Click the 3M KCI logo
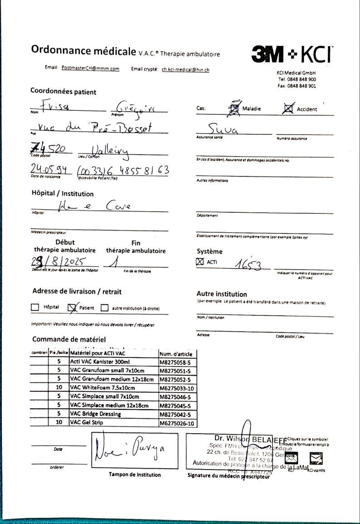[291, 54]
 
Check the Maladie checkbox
[234, 109]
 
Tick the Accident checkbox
[287, 109]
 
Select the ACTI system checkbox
[200, 262]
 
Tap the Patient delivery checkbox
[72, 308]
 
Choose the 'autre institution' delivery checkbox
[105, 308]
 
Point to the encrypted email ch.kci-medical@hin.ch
[185, 69]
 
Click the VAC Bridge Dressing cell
[96, 414]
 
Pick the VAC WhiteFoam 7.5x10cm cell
[102, 388]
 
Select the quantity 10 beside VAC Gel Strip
[59, 422]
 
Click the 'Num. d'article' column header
[176, 354]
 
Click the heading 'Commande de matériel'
[69, 339]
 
